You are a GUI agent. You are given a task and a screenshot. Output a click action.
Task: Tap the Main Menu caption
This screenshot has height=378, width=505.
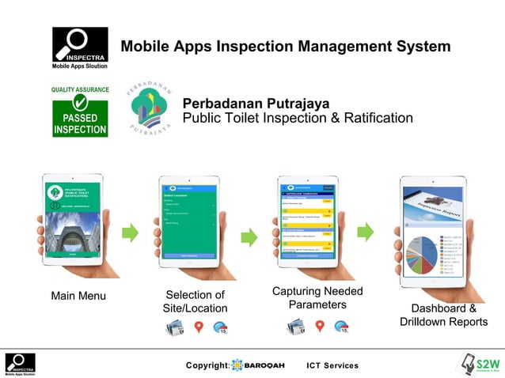[x=78, y=297]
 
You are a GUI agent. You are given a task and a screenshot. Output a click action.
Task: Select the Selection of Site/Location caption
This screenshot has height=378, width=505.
[x=196, y=301]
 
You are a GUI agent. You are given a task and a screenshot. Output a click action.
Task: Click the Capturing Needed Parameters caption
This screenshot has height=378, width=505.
[x=317, y=297]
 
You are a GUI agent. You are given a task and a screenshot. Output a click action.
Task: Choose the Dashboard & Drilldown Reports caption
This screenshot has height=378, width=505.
[x=444, y=315]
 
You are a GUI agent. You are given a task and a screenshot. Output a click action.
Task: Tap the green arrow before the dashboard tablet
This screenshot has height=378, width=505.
[x=365, y=232]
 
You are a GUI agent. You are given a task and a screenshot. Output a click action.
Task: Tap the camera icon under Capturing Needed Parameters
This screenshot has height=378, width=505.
[x=295, y=327]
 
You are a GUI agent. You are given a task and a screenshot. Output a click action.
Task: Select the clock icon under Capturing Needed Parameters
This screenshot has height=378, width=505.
[x=342, y=327]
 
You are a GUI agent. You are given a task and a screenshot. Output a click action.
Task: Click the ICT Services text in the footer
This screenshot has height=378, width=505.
[x=332, y=365]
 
